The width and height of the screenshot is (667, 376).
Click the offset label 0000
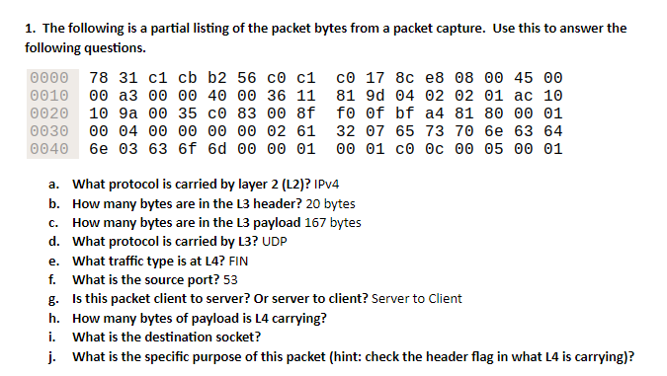point(49,76)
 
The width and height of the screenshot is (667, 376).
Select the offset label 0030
point(49,130)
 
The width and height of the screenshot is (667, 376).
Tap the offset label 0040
point(49,149)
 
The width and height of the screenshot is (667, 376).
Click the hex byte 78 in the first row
point(99,76)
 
